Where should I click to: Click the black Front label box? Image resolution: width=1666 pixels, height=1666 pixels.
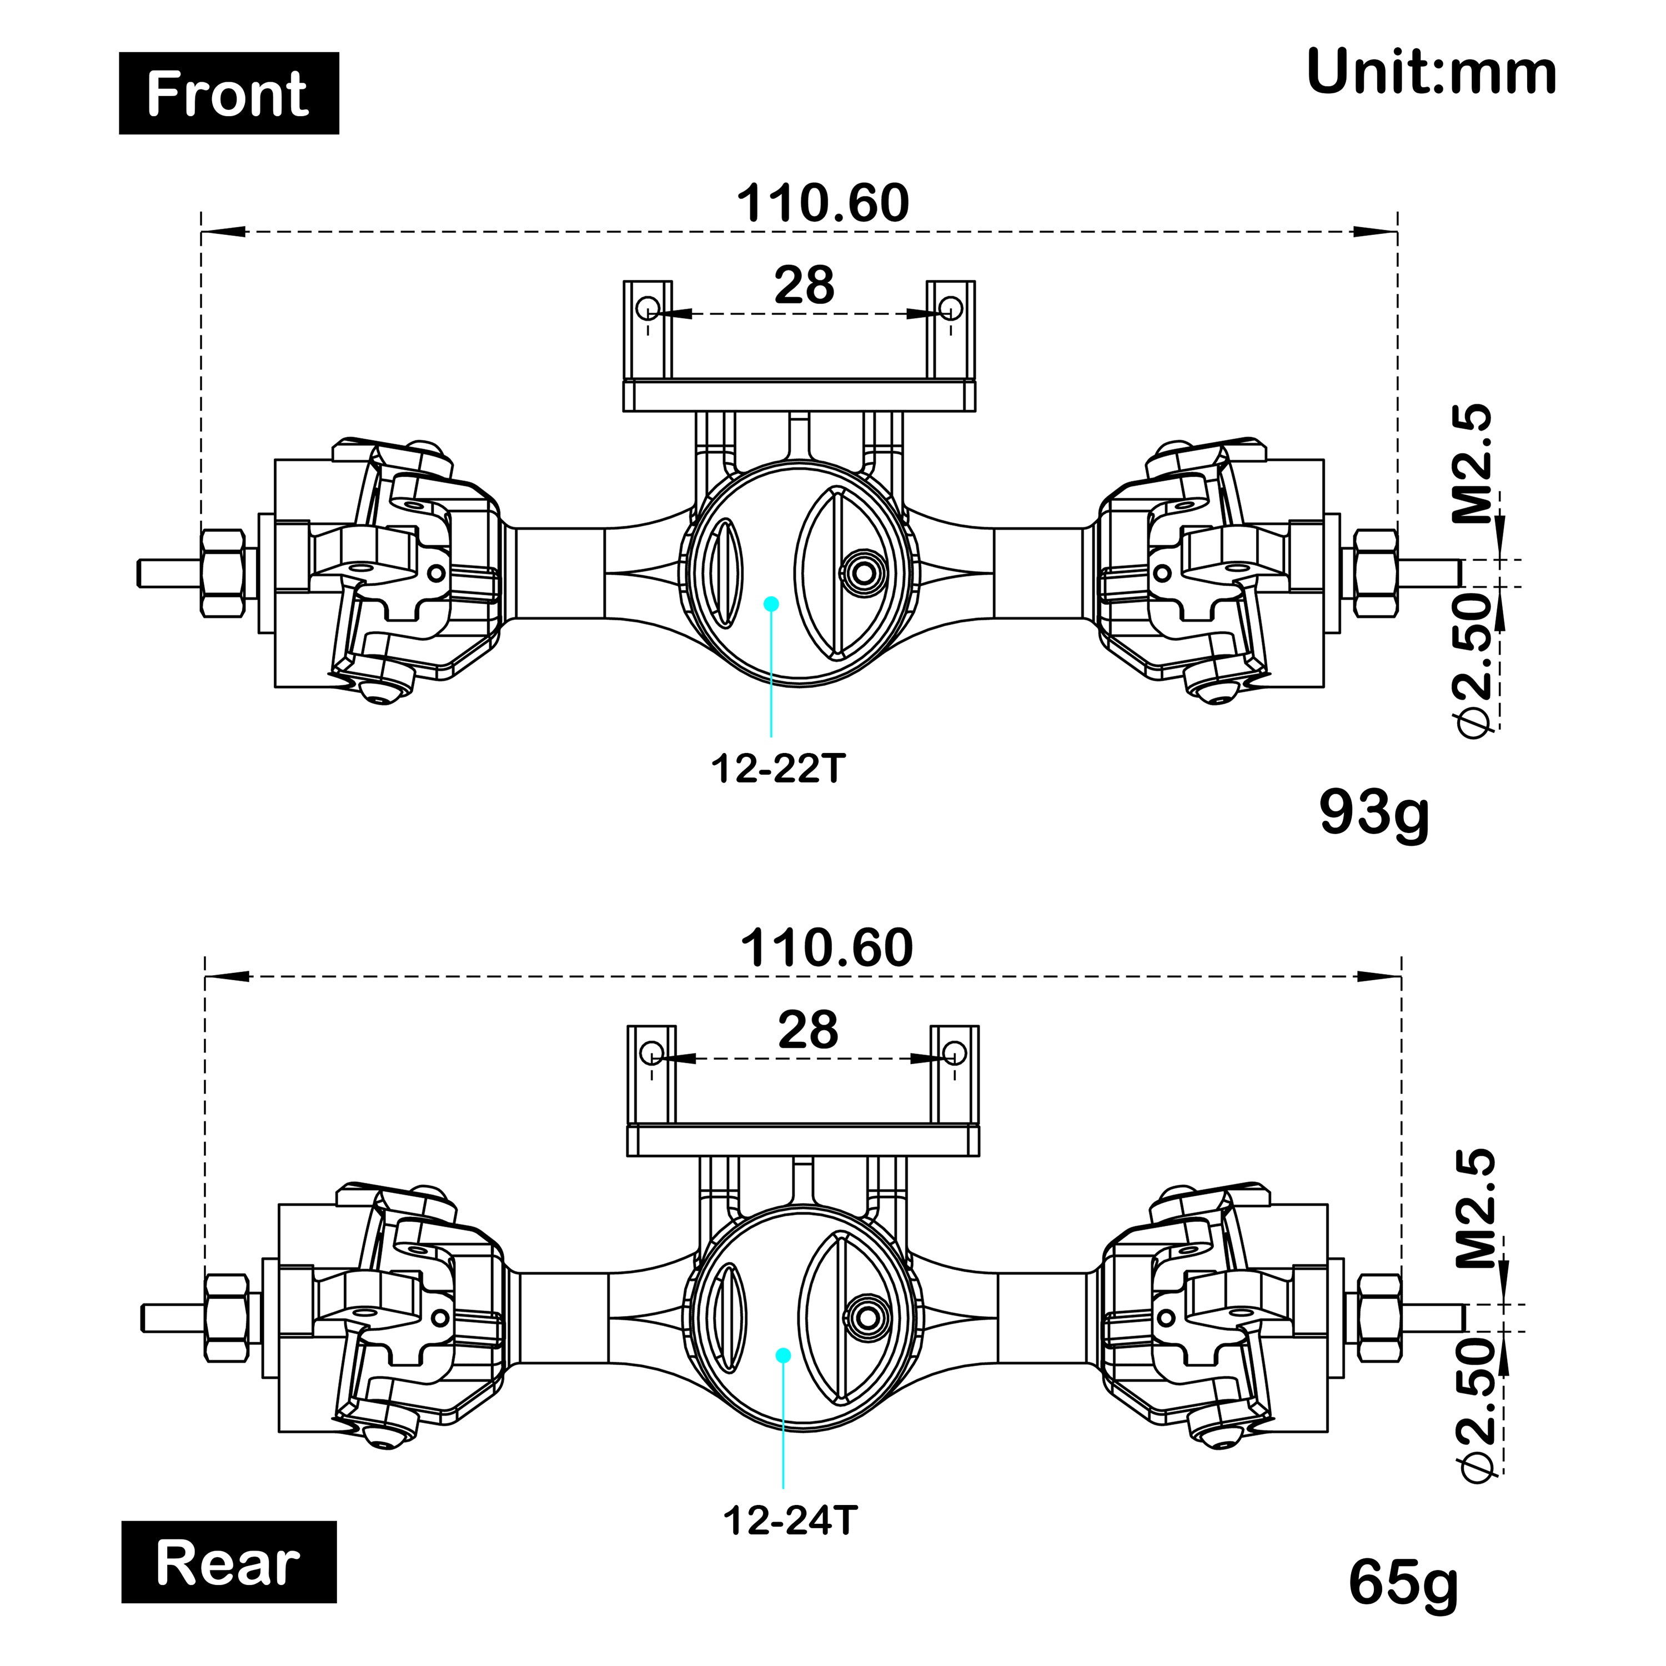click(228, 93)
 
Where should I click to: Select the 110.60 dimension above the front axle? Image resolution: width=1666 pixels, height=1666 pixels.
click(822, 203)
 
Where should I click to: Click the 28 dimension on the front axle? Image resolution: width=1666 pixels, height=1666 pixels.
click(804, 285)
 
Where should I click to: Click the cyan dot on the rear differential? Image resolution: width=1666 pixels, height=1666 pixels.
click(783, 1356)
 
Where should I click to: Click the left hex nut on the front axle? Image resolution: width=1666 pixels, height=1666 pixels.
click(223, 573)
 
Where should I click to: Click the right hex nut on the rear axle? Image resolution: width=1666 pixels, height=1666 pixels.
click(1379, 1318)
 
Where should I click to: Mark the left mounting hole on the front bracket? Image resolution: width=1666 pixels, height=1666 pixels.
click(649, 308)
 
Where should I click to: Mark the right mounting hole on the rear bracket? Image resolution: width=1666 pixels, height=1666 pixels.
click(955, 1052)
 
